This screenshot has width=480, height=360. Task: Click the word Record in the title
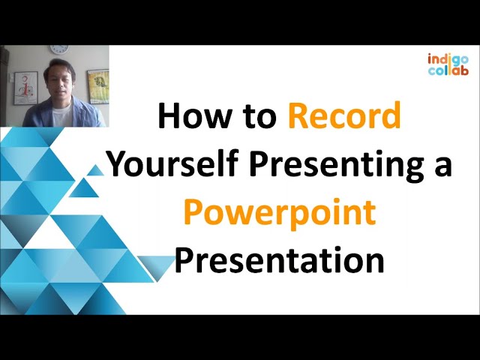coord(344,118)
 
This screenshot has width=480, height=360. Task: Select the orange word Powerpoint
coord(279,213)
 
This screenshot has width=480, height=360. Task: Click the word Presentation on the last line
coord(279,260)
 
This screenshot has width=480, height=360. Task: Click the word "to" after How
coord(257,118)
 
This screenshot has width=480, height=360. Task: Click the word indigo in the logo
coord(448,58)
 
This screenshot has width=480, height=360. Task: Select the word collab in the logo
coord(448,70)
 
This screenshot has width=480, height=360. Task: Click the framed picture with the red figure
coord(25,86)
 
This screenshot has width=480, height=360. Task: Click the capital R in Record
coord(298,118)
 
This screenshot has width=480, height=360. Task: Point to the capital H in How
coord(169,118)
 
